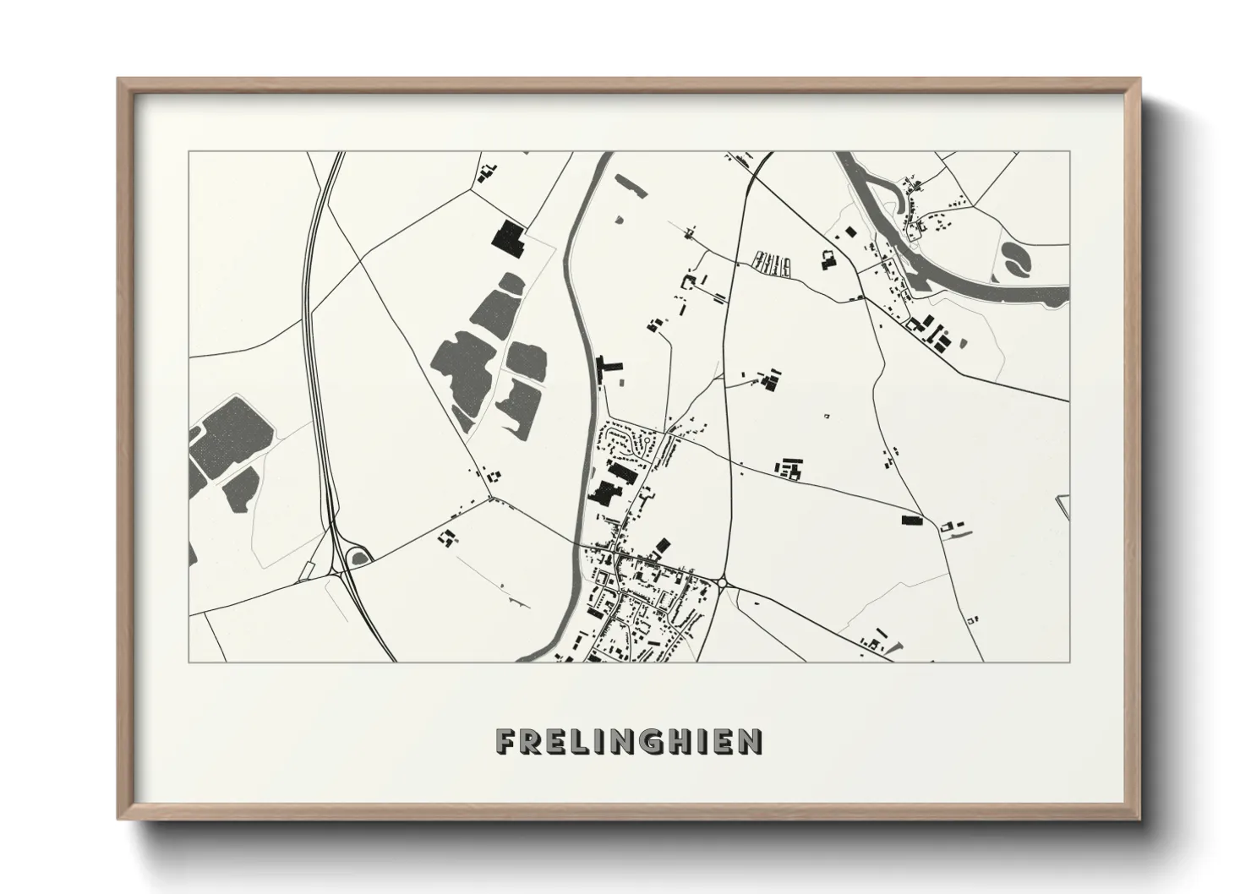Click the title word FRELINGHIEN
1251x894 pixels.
click(x=629, y=741)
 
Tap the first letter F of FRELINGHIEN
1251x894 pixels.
click(x=505, y=741)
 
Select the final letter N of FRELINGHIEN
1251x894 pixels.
click(x=750, y=741)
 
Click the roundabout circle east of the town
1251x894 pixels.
click(x=724, y=583)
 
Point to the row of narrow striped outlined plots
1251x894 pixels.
click(x=772, y=264)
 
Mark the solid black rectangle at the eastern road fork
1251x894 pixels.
click(x=911, y=520)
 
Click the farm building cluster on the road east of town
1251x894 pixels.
click(x=789, y=468)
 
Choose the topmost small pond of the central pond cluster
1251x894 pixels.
click(x=511, y=283)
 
